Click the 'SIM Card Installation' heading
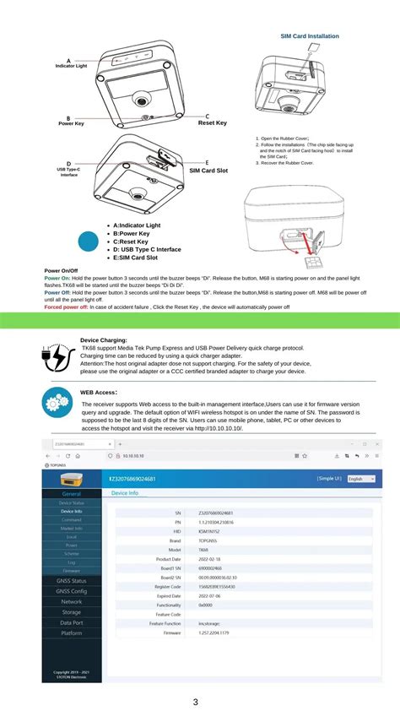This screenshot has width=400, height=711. (x=310, y=36)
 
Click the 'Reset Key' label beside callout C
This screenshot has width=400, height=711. (x=212, y=123)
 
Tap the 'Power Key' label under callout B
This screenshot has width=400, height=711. (x=71, y=123)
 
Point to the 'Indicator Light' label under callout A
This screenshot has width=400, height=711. (x=71, y=66)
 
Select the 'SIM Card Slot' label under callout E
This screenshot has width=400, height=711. (x=208, y=171)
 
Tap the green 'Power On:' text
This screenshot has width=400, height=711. (x=57, y=278)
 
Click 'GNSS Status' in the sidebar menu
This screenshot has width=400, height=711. (x=71, y=581)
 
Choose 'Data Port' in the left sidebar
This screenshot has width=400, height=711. (x=71, y=621)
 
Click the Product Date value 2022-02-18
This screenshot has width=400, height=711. (x=214, y=559)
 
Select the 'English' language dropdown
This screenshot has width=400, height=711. (x=361, y=479)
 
